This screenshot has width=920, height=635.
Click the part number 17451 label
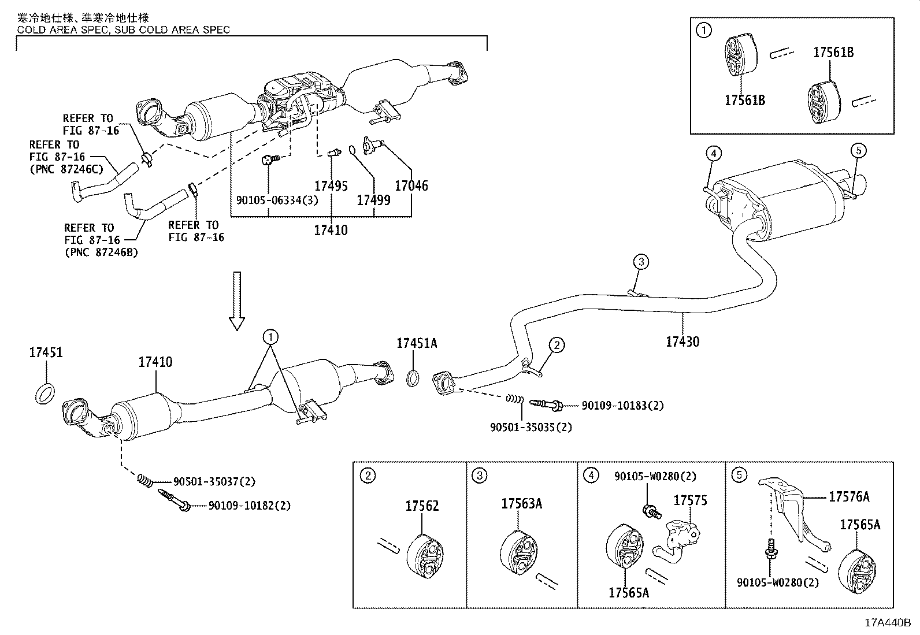pos(46,352)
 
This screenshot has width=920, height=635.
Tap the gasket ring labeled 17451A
pos(413,379)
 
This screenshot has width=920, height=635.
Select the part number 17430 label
pos(682,341)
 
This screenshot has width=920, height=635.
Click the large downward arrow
pos(237,300)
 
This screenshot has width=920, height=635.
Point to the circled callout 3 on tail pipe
pos(641,262)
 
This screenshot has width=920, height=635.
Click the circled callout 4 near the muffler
pos(714,153)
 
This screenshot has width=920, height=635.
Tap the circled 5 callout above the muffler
pos(858,151)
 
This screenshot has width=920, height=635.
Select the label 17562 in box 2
pos(422,506)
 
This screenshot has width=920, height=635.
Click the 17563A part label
pos(521,503)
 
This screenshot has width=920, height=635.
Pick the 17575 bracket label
pos(690,500)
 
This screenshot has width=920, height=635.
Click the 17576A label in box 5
pos(848,496)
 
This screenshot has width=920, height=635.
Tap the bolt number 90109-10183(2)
pos(622,406)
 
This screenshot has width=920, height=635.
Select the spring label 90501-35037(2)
pos(214,481)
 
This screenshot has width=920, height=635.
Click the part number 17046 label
pos(411,185)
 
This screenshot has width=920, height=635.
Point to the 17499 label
pos(373,200)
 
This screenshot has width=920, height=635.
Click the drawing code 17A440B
pos(887,623)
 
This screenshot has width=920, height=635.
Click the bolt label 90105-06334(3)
pos(269,200)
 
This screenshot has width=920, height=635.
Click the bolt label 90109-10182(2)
pos(249,506)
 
